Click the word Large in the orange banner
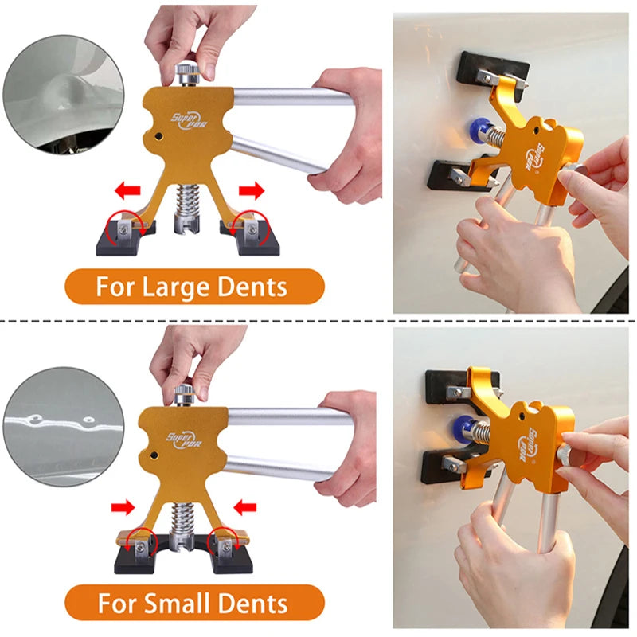(184, 287)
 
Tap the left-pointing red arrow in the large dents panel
(127, 191)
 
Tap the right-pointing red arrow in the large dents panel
(251, 191)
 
